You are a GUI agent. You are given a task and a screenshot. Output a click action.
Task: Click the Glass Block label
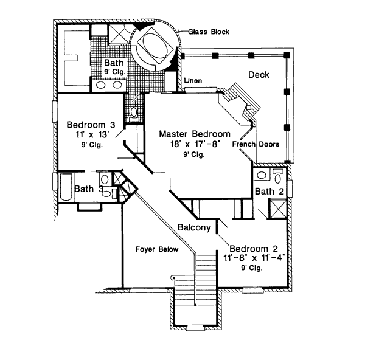point(208,32)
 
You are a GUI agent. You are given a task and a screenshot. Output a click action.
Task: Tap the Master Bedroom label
point(195,134)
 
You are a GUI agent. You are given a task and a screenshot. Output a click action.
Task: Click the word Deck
point(259,74)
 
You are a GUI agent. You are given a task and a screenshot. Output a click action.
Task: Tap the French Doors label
point(255,145)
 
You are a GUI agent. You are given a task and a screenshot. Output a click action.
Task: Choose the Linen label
point(193,80)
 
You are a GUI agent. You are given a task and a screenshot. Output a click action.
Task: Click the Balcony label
point(195,228)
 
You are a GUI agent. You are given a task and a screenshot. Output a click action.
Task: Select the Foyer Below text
point(151,249)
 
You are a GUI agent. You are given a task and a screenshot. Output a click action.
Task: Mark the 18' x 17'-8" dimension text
point(195,145)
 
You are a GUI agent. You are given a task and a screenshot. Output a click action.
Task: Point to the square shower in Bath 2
point(277,210)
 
